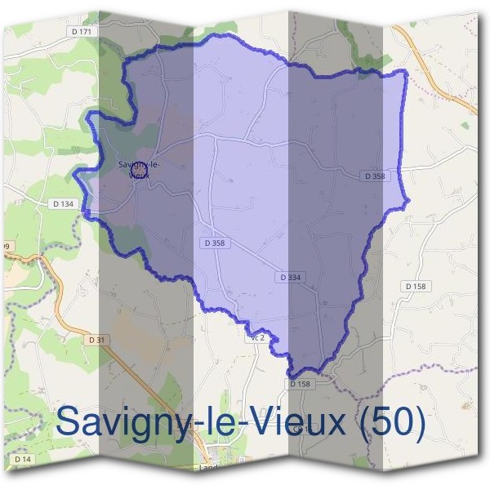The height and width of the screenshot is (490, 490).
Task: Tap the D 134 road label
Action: tap(61, 203)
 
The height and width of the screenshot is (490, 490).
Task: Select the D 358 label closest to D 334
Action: tap(215, 243)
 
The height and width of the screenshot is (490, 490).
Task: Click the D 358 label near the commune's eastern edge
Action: tap(374, 176)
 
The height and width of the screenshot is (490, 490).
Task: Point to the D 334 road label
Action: tap(290, 278)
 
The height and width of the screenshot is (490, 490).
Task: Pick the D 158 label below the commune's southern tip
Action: tap(300, 383)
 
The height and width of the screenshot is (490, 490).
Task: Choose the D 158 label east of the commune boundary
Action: tap(416, 286)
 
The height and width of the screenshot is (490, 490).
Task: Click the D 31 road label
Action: tap(96, 339)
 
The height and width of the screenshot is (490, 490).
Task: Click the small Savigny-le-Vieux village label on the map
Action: tap(139, 168)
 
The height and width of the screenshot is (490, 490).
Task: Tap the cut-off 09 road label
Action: tap(7, 246)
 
